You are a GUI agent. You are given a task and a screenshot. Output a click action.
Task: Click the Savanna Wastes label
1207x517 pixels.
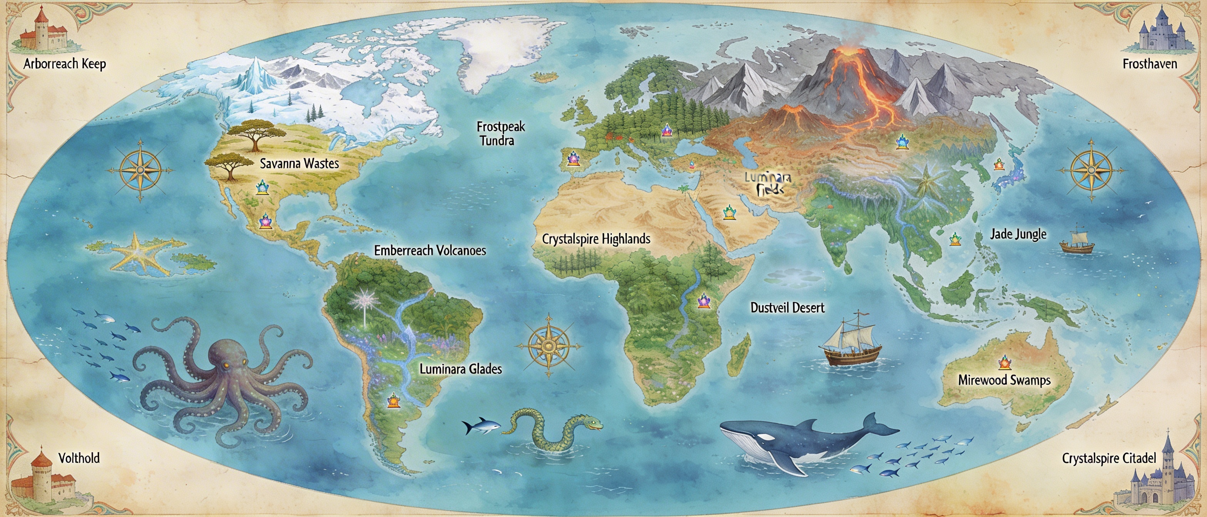299,163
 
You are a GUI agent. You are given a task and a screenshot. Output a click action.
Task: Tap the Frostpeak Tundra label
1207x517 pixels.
500,133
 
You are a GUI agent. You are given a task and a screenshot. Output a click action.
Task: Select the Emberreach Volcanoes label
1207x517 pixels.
430,250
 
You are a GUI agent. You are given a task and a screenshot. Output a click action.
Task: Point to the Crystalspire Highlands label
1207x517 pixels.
596,239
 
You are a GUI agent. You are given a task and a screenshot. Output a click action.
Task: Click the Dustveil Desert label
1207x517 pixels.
787,308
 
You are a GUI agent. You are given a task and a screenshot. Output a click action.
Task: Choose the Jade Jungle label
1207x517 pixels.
1018,234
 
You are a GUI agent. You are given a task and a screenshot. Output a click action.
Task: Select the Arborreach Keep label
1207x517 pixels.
65,64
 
